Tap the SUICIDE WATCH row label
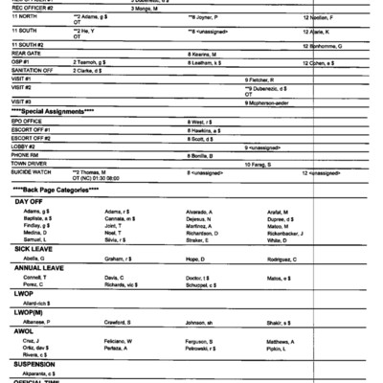tap(31, 171)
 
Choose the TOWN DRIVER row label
tap(30, 163)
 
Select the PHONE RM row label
tap(25, 154)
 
